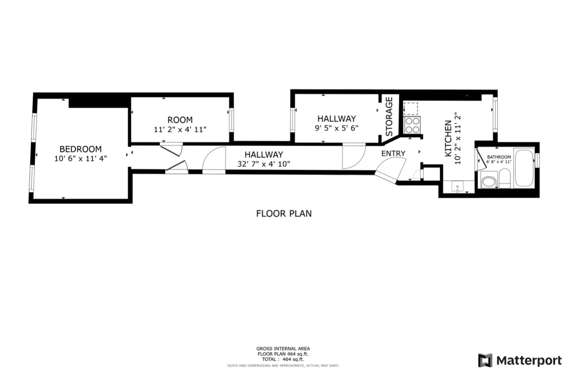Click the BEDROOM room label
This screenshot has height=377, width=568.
tap(80, 149)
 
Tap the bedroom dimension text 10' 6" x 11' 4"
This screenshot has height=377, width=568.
tap(80, 159)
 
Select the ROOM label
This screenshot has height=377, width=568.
tap(180, 120)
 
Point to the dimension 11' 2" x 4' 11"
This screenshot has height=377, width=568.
tap(180, 129)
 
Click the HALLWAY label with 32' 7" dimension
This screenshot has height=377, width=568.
tap(264, 154)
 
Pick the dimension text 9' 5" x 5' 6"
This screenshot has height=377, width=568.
tap(336, 128)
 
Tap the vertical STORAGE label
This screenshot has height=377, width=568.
tap(389, 116)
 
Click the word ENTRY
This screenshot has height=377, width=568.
tap(393, 153)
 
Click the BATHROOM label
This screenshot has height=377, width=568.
tap(499, 157)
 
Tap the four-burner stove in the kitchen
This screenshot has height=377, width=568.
tap(412, 125)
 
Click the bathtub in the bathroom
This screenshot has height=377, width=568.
tap(524, 168)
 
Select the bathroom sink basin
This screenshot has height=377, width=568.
tap(488, 181)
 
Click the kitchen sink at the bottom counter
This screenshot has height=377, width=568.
tap(456, 187)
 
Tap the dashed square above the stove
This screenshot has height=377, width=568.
tap(411, 108)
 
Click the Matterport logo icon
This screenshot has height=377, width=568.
tap(485, 360)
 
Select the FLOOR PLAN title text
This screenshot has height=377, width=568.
tap(284, 213)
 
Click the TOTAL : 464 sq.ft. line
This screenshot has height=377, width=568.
tap(283, 359)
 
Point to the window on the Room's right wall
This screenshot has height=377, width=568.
tap(231, 120)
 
